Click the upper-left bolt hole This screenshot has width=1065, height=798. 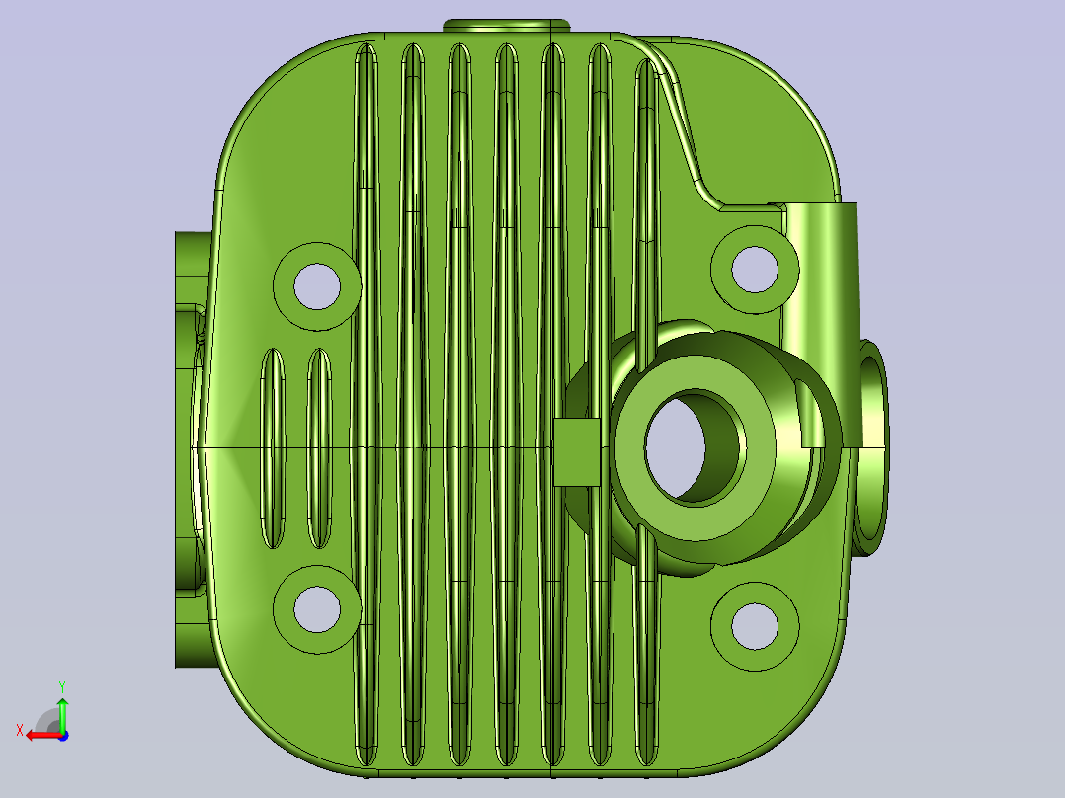click(317, 286)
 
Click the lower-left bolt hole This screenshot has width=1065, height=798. click(317, 609)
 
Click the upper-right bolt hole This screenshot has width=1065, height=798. click(755, 270)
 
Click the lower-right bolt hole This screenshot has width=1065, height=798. click(755, 626)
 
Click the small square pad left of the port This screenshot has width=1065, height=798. click(577, 451)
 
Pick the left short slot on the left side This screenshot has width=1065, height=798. click(273, 448)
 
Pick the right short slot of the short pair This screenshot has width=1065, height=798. click(319, 448)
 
